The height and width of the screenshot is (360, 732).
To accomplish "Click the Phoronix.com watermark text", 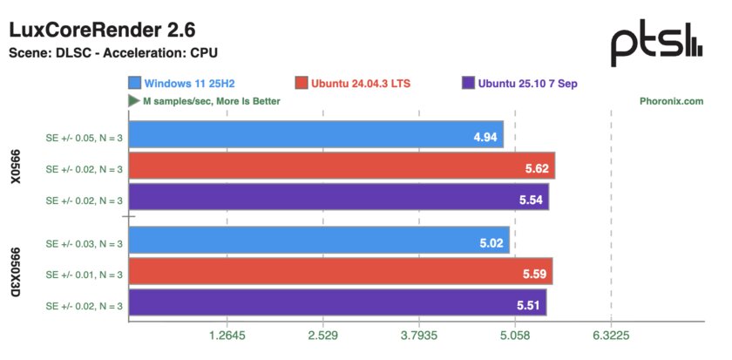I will coord(670,101).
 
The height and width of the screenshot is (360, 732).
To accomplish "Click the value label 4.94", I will coord(485,138).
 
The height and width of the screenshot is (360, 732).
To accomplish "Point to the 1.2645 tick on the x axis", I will coord(227,336).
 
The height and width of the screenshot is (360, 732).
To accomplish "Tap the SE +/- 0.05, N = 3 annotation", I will coord(84,138).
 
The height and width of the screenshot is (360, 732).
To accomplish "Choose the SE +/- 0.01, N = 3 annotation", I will coord(84,274).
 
